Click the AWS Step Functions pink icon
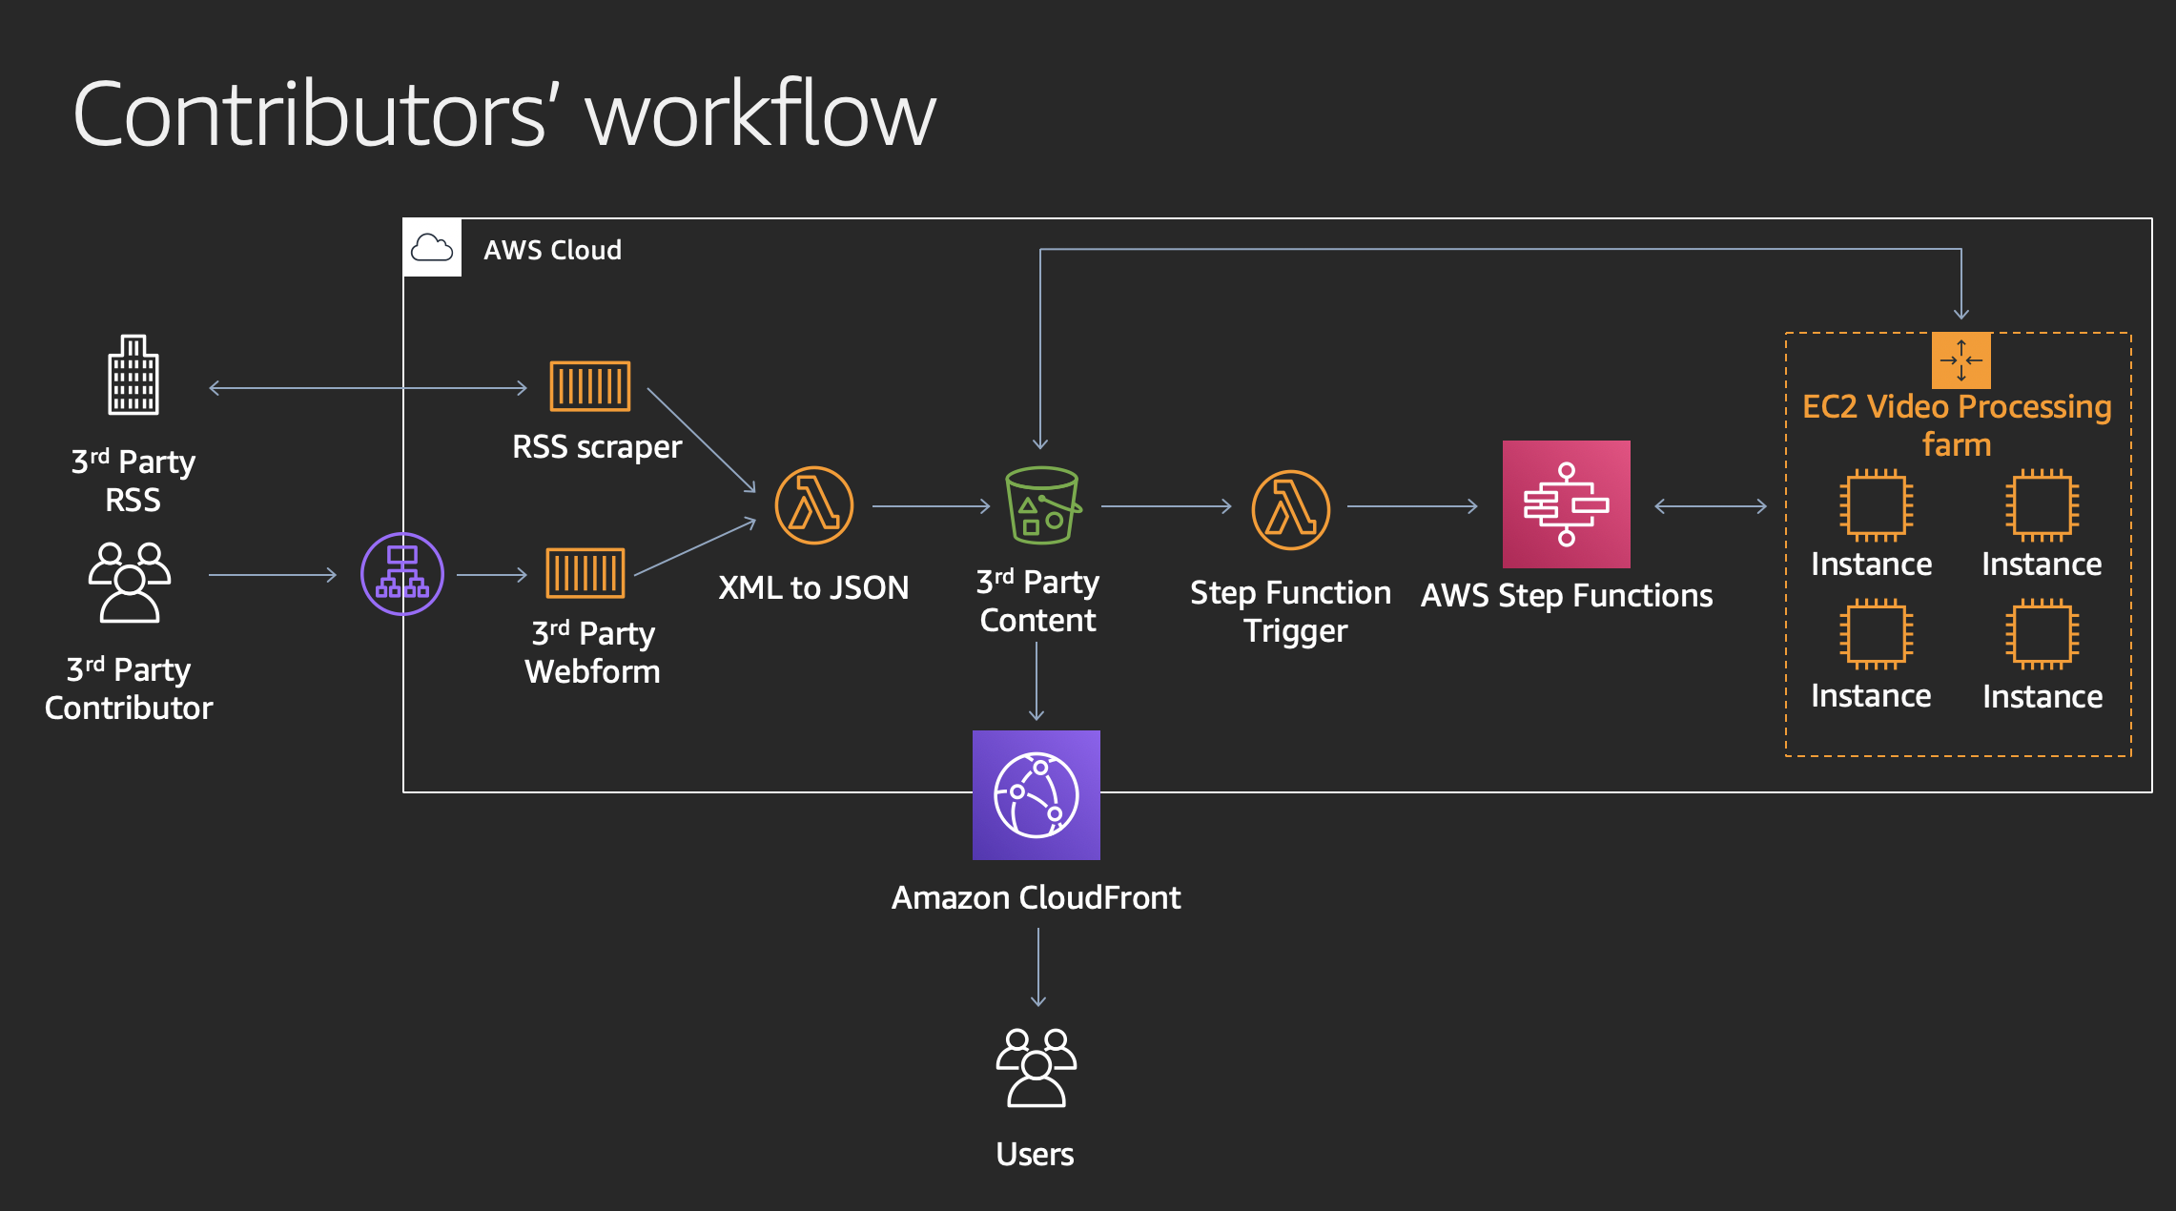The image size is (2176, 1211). tap(1566, 504)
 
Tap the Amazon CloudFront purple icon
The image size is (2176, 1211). tap(1036, 795)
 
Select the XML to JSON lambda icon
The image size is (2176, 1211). tap(813, 505)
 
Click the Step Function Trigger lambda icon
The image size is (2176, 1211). tap(1290, 509)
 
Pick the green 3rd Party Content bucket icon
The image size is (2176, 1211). tap(1041, 505)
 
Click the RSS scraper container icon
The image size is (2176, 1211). tap(589, 386)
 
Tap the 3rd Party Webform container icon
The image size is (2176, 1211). tap(585, 573)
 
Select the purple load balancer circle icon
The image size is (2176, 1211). tap(402, 574)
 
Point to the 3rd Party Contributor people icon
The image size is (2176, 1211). tap(130, 582)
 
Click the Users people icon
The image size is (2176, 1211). tap(1036, 1067)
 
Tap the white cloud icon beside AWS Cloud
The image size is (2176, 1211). tap(432, 248)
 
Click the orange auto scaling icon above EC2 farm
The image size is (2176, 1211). tap(1960, 360)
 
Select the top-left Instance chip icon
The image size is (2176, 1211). tap(1875, 504)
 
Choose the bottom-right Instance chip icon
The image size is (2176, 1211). tap(2042, 634)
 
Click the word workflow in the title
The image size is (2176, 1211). tap(760, 115)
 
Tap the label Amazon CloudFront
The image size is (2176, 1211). tap(1036, 898)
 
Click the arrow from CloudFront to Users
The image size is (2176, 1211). tap(1037, 967)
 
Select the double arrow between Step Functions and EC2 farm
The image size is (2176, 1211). tap(1710, 506)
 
